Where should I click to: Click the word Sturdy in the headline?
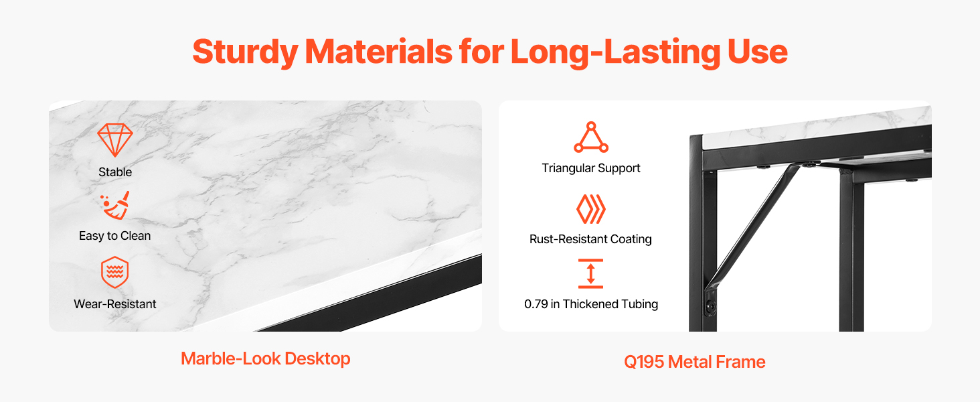245,52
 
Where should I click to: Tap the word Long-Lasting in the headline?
615,52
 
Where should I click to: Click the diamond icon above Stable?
115,139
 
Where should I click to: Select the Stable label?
115,172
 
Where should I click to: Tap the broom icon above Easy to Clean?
115,205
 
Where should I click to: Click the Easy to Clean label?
114,236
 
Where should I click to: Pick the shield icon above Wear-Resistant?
114,272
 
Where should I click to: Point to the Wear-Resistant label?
114,304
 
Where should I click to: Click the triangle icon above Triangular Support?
591,137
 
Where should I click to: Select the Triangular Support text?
590,169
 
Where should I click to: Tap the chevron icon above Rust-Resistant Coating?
590,209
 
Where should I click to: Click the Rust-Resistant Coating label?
590,239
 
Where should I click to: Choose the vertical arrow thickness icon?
590,273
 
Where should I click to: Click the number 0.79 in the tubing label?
536,304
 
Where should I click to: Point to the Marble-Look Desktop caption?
266,358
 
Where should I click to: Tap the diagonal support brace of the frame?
751,227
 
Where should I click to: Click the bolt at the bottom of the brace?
710,306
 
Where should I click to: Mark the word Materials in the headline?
378,52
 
